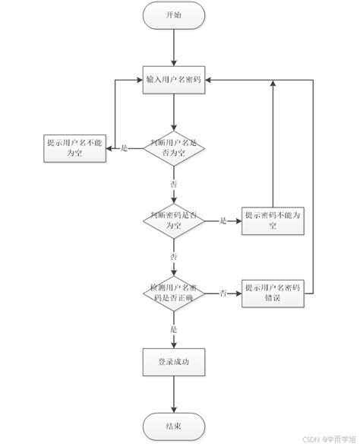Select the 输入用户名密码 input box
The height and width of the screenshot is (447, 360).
(174, 79)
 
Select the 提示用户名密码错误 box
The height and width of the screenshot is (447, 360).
(271, 293)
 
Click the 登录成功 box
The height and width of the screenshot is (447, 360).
(175, 363)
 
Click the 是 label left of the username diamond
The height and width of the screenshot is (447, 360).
(125, 147)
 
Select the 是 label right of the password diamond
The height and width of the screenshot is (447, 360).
(223, 220)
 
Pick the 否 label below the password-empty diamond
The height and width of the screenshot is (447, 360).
(175, 257)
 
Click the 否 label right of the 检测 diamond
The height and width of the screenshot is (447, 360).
(223, 293)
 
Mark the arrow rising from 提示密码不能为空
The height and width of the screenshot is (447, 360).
(271, 144)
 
